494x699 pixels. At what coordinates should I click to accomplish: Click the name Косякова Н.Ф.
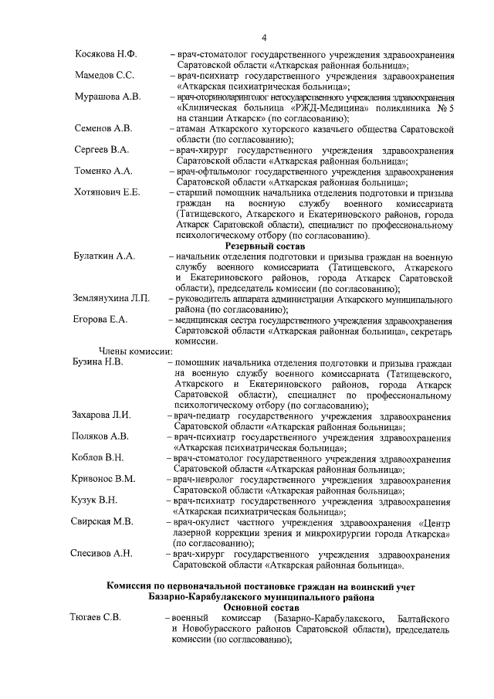coord(105,55)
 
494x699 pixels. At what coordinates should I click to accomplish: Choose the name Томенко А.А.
coord(103,171)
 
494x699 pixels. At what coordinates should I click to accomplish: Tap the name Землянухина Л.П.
coord(112,297)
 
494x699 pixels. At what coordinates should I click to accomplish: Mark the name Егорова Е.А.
coord(100,318)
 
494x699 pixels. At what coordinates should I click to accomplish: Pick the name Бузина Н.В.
coord(99,361)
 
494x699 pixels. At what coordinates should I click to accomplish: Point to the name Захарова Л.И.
coord(103,415)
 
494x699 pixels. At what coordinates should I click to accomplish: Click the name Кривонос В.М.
coord(104,479)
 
